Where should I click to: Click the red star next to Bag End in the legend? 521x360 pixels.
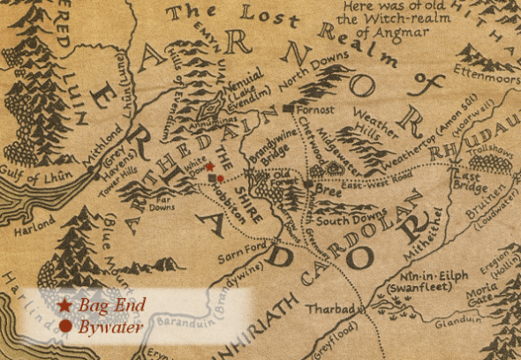click(x=65, y=305)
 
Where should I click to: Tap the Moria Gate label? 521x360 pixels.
click(x=477, y=292)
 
